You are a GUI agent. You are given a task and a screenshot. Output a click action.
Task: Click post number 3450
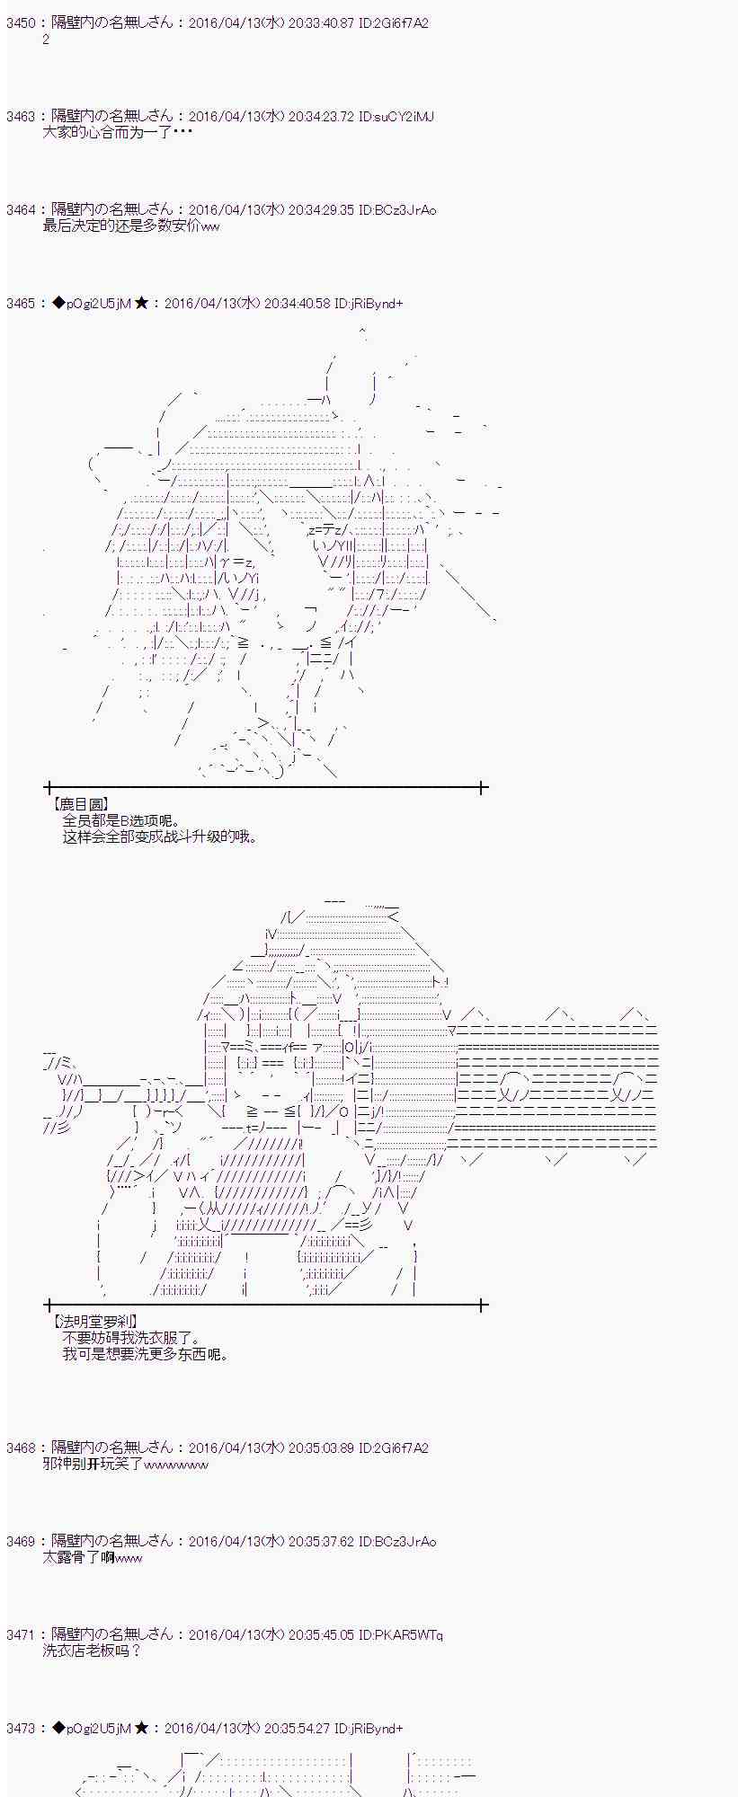20,23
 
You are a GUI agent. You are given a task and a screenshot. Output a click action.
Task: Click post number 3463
20,117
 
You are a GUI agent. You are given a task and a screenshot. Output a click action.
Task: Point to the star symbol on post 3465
141,304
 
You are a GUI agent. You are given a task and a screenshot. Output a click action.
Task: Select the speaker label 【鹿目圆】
80,804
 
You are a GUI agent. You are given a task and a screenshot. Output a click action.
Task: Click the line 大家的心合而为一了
117,133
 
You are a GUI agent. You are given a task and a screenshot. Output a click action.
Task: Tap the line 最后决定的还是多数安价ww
131,226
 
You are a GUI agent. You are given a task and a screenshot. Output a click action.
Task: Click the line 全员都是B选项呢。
121,820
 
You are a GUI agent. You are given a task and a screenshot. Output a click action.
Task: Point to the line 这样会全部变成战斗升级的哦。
161,837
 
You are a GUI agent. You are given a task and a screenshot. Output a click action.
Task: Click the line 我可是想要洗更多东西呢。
147,1354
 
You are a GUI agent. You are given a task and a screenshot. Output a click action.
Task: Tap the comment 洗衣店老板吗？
93,1651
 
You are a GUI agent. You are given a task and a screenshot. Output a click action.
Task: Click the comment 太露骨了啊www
93,1557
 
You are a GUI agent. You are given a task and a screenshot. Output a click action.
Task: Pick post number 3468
20,1448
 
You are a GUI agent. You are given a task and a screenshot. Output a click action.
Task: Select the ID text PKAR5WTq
409,1635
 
